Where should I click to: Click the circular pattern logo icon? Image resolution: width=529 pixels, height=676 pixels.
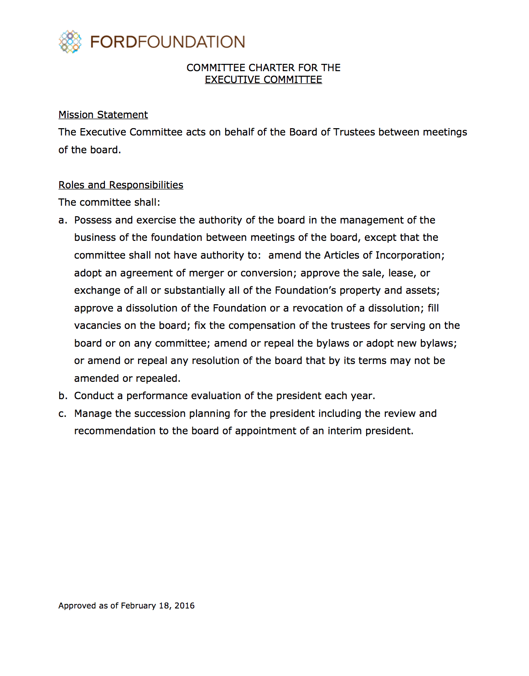(70, 42)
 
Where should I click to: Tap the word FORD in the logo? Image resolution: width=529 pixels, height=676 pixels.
(114, 42)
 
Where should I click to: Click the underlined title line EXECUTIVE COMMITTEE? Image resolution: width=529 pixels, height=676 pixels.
(263, 80)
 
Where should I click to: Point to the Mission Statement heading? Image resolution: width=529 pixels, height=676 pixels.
(103, 115)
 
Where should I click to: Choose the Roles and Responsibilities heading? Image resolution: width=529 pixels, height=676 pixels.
(121, 185)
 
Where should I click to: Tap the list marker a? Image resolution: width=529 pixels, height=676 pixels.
(62, 220)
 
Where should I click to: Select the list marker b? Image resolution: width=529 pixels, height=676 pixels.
(62, 396)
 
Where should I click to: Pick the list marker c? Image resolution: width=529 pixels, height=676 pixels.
(62, 414)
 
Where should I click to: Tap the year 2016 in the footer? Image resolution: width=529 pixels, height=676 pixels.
(185, 606)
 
